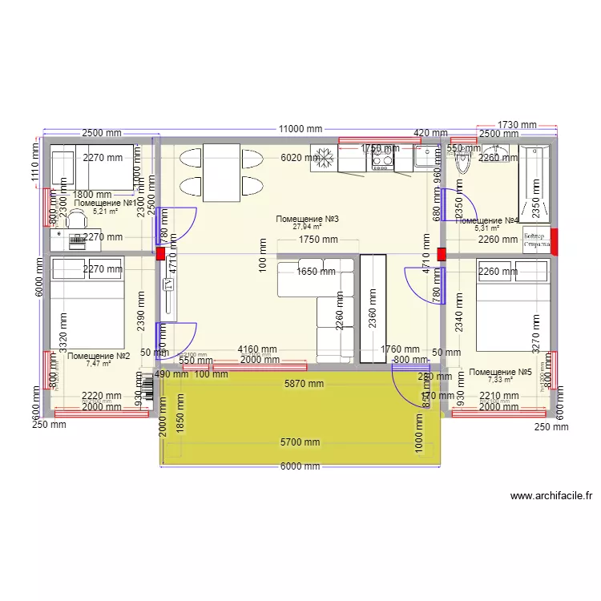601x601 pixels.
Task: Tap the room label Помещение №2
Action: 99,356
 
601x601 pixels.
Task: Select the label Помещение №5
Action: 501,372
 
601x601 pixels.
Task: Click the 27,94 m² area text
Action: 307,227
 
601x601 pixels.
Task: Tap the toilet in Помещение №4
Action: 462,161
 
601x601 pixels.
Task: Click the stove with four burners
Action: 382,159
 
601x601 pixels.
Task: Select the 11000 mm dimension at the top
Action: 300,128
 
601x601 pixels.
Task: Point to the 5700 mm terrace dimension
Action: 300,442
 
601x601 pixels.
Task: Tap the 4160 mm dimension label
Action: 256,349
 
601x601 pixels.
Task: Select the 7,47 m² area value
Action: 99,363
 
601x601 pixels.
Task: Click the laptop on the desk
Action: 78,238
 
